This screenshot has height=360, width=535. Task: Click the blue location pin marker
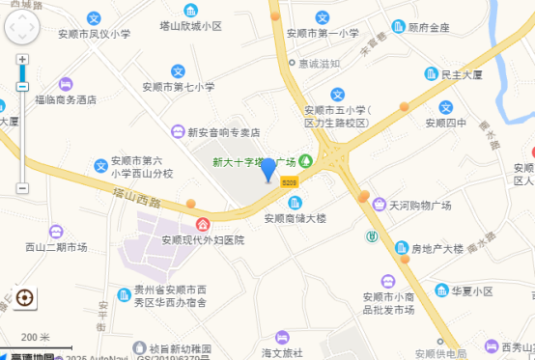click(268, 170)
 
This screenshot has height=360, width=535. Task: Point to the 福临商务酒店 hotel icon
click(66, 84)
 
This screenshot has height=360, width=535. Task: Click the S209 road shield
click(290, 181)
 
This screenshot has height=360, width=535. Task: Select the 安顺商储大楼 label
click(296, 218)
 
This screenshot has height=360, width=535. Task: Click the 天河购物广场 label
click(420, 206)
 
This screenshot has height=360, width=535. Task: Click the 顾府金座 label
click(429, 27)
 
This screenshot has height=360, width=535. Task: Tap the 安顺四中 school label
click(445, 123)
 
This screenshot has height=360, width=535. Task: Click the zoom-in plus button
click(22, 60)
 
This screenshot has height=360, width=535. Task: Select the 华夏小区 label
click(472, 291)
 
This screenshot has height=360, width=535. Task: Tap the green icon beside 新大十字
click(305, 160)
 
